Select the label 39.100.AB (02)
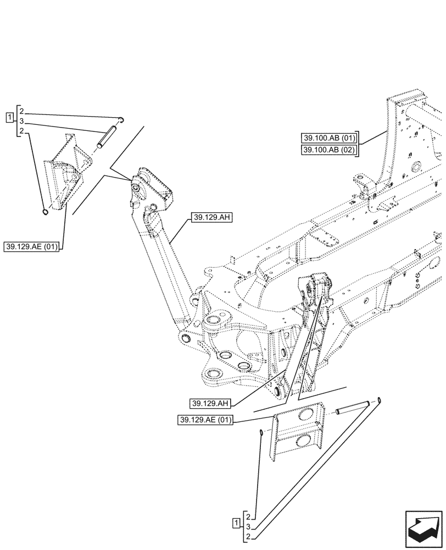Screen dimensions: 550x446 (x=330, y=150)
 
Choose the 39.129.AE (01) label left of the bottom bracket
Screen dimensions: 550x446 (x=205, y=421)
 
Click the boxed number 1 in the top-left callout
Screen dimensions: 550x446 (x=9, y=117)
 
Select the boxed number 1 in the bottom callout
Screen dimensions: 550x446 (x=236, y=522)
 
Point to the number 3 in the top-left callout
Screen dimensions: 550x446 (x=21, y=122)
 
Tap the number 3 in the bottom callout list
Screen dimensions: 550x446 (x=249, y=526)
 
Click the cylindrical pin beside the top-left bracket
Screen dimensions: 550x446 (x=105, y=137)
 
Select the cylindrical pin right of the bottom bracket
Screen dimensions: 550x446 (x=351, y=409)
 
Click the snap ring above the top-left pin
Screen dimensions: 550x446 (x=123, y=118)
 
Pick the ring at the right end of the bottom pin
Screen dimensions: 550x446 (x=379, y=401)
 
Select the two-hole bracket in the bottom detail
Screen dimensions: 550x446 (x=298, y=435)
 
